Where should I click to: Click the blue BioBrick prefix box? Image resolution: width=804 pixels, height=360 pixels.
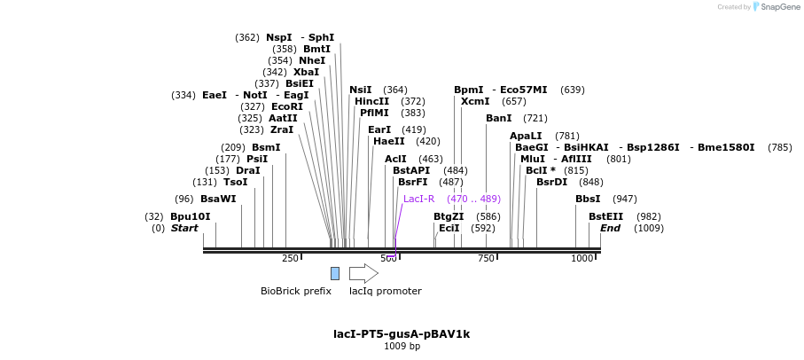tap(335, 273)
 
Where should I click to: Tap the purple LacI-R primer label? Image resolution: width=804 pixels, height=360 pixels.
tap(418, 200)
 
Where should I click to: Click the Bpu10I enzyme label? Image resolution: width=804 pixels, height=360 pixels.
tap(191, 216)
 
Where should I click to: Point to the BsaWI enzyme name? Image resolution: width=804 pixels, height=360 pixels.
tap(218, 200)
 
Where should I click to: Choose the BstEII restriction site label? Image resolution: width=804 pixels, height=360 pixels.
tap(605, 216)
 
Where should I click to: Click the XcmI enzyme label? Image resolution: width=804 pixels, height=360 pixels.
tap(475, 102)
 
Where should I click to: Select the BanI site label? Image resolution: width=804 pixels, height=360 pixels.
tap(499, 119)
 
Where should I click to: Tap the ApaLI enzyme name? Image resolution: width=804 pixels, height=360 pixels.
tap(526, 136)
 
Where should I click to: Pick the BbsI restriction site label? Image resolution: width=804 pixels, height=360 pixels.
tap(588, 200)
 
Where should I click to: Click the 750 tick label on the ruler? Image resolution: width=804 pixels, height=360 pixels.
tap(486, 259)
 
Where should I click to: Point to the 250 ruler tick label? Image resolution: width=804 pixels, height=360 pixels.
tap(290, 259)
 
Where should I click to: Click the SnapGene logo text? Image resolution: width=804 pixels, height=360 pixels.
tap(780, 7)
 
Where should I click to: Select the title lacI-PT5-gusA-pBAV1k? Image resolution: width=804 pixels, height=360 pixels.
tap(402, 334)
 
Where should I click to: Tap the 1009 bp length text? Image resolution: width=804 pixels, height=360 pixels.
tap(402, 347)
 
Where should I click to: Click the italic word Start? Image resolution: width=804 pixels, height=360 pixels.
tap(184, 229)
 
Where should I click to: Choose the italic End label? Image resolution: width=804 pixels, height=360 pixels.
tap(610, 229)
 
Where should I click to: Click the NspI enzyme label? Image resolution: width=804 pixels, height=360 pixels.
tap(278, 38)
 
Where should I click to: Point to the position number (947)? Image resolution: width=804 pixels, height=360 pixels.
tap(624, 200)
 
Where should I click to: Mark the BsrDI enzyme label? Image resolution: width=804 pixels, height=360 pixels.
tap(551, 183)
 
